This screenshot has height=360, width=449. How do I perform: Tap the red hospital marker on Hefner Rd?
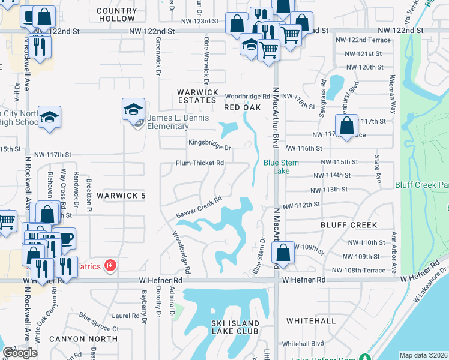(110, 265)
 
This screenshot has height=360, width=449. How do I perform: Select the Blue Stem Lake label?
(277, 166)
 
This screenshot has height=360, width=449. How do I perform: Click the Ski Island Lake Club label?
(235, 327)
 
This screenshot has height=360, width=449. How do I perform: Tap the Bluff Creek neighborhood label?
(349, 225)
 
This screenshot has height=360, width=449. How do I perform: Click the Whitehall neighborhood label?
(311, 321)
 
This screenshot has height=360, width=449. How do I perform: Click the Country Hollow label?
(116, 15)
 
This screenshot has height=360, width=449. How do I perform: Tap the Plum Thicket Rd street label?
(199, 163)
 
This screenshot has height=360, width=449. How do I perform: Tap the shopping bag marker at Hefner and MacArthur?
(285, 253)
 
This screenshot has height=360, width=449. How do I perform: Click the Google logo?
(20, 353)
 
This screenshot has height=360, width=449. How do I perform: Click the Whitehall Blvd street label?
(303, 344)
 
